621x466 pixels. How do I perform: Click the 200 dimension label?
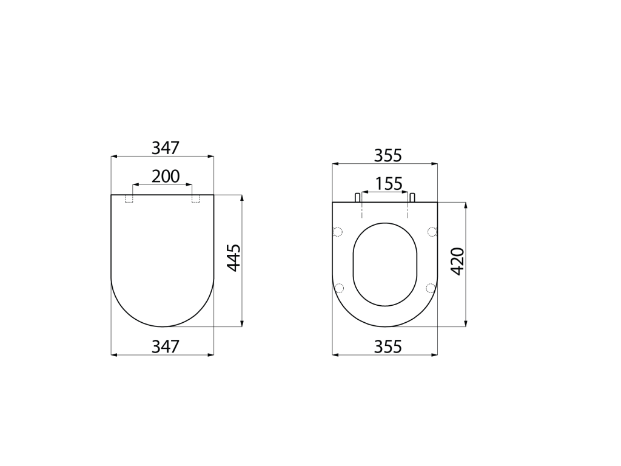coord(166,177)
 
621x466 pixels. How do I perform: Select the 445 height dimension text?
coord(234,258)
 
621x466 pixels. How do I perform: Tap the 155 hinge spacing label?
coord(389,184)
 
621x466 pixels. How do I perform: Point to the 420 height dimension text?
coord(458,262)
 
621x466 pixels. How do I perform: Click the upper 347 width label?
coord(166,148)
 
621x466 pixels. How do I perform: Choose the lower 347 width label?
coord(166,346)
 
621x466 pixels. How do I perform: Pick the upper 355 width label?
coord(388,155)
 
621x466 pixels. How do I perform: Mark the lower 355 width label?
coord(388,346)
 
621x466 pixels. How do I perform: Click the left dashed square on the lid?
coord(129,198)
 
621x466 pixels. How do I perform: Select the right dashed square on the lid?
coord(196,198)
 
